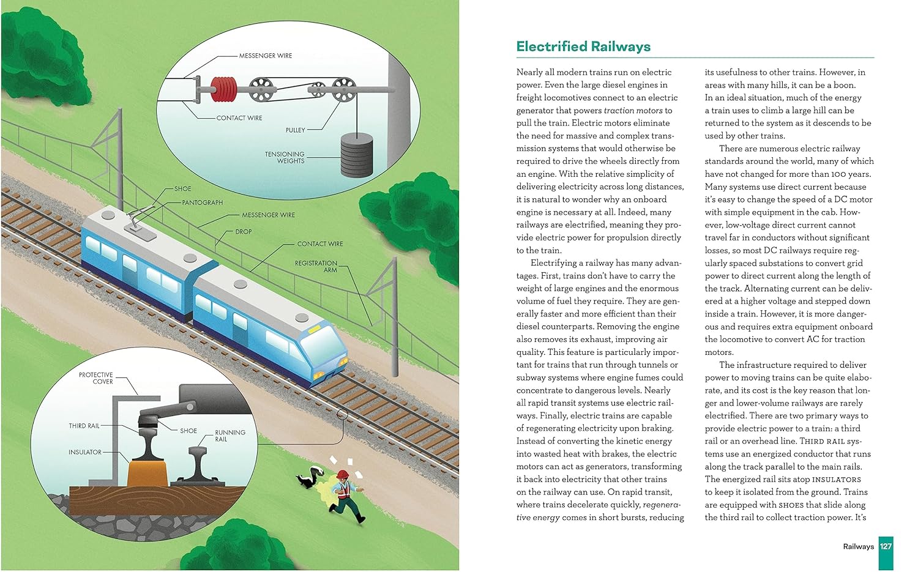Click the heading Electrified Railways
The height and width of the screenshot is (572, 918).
583,46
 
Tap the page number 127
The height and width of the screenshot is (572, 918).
886,546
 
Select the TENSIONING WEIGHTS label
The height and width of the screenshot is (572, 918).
285,157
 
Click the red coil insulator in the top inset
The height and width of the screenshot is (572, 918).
223,89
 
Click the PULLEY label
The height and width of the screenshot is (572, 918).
295,130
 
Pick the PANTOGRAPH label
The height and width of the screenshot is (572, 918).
203,202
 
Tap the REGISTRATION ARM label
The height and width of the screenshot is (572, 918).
316,266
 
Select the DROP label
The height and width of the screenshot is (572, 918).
244,232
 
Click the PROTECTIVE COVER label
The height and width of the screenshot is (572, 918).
96,378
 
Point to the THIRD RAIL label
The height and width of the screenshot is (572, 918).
84,426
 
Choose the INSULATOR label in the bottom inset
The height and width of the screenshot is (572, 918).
85,452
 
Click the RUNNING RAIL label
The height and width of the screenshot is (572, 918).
229,436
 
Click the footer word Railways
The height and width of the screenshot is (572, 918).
858,546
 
